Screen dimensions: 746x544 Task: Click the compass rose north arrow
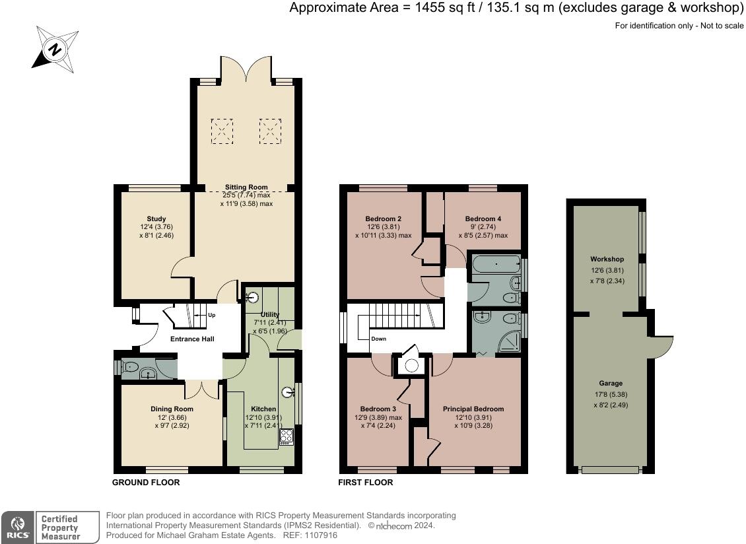tap(55, 50)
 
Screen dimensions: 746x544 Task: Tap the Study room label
tap(156, 219)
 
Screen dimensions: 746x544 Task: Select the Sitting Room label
tap(246, 187)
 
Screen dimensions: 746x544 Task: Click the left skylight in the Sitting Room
tap(222, 131)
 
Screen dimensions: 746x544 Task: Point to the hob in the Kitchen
tap(287, 436)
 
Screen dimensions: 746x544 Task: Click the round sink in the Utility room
tap(253, 298)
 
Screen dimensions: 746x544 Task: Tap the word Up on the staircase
tap(212, 315)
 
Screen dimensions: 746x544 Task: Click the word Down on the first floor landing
tap(379, 339)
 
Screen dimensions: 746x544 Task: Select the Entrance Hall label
tap(192, 339)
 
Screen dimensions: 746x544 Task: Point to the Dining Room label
tap(172, 409)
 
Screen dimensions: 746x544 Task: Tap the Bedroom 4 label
tap(483, 219)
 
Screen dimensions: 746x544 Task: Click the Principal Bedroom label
tap(473, 409)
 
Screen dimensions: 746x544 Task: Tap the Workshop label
tap(607, 259)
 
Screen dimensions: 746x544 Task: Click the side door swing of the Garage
tap(662, 347)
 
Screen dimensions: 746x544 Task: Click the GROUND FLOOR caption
tap(146, 482)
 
